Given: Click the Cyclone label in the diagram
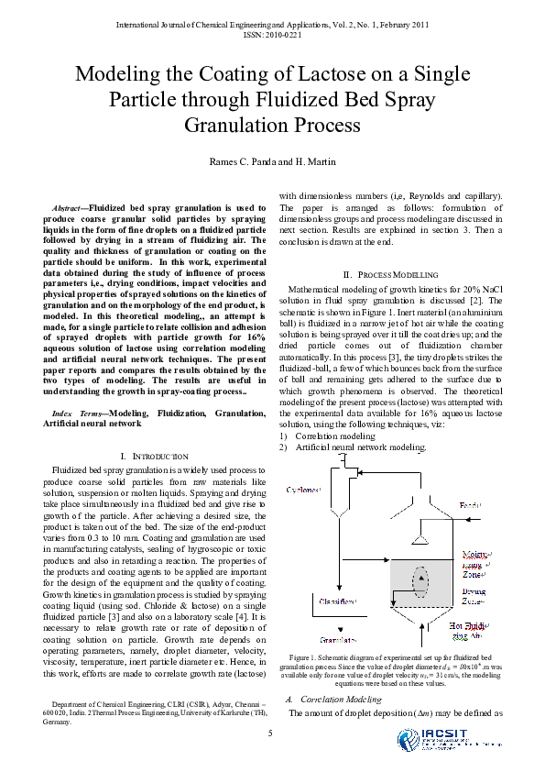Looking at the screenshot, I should coord(303,490).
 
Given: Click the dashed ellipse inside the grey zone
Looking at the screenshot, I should coord(420,580).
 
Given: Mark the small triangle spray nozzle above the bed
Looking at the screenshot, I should coord(421,540).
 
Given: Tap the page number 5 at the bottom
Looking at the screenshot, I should coord(270,733).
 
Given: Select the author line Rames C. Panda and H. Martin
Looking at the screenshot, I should coord(272,162).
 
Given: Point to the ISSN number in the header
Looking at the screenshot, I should coord(272,34).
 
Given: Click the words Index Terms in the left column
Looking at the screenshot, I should coord(79,414).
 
